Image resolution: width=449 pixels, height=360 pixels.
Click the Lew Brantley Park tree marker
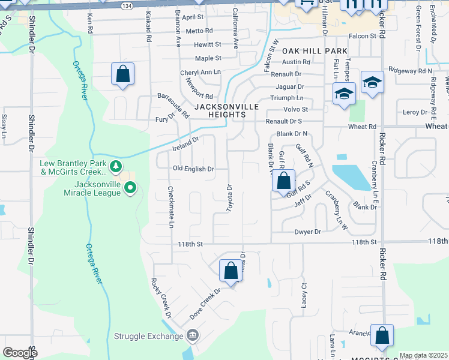tap(116, 166)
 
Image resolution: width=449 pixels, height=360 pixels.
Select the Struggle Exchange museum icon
tap(192, 334)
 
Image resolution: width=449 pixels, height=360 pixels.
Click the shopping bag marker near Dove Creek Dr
tap(231, 271)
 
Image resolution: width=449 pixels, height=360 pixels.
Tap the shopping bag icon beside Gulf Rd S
tap(283, 180)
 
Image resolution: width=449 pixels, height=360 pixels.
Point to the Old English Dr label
tap(193, 169)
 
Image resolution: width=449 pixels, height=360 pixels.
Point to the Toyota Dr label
tap(229, 198)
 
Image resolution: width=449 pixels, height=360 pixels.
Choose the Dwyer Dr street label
tap(308, 232)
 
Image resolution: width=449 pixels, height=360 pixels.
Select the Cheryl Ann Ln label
tap(200, 72)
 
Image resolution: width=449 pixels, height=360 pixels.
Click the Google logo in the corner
tap(20, 353)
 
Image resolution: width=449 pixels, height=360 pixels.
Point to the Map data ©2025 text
tap(423, 355)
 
